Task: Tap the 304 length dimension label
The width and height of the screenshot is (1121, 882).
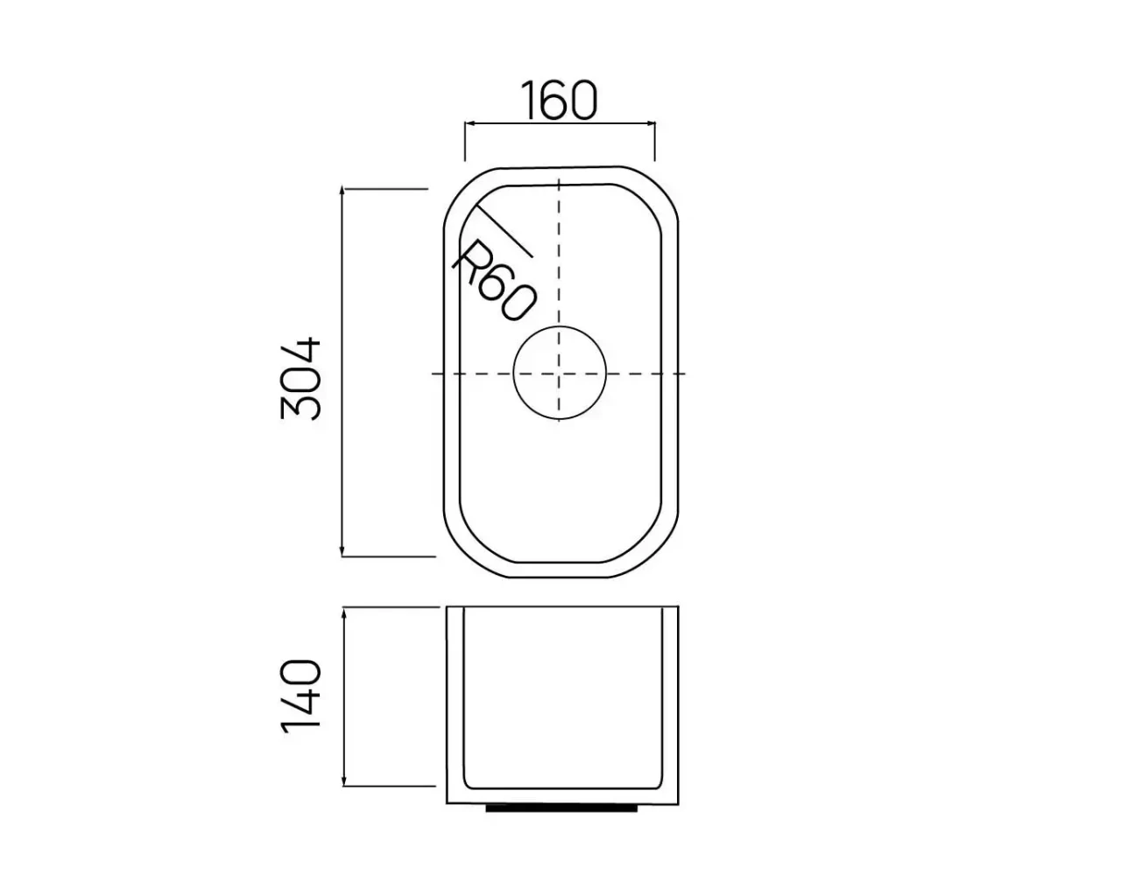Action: click(x=300, y=379)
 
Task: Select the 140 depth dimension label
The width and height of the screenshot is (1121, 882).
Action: click(x=300, y=697)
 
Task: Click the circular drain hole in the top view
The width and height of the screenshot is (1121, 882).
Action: click(x=560, y=373)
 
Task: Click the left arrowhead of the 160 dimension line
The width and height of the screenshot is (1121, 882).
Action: click(x=469, y=124)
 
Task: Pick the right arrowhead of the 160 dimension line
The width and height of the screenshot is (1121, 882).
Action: click(x=650, y=124)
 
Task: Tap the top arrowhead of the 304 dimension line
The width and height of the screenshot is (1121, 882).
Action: click(x=342, y=191)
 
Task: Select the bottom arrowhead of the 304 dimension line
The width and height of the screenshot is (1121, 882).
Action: click(x=342, y=551)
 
